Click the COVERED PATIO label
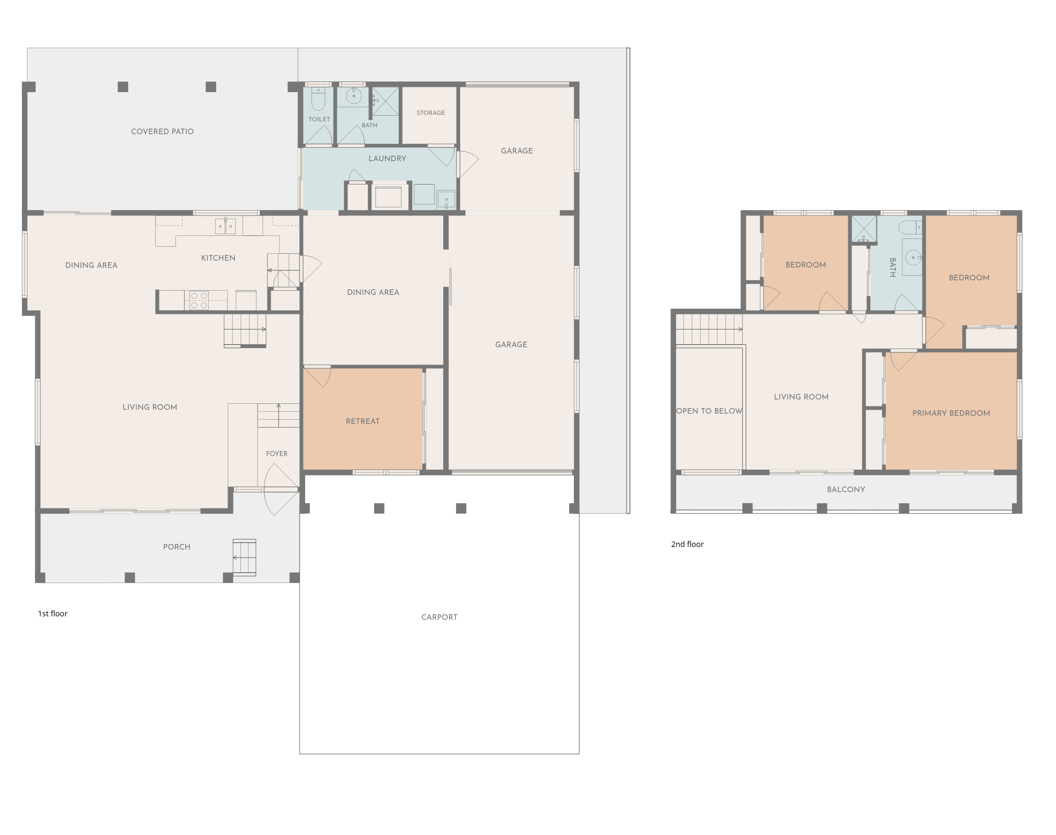[x=162, y=132]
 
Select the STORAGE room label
[x=431, y=113]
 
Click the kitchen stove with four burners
[x=199, y=300]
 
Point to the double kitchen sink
[x=225, y=226]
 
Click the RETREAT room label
[x=363, y=421]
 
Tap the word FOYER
[x=276, y=454]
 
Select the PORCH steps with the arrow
[x=244, y=557]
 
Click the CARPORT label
[x=439, y=617]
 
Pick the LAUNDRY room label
[x=387, y=159]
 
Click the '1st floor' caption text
[x=53, y=613]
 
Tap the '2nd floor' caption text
[x=687, y=544]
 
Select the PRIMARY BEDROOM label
[x=951, y=413]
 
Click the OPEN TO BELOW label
[x=709, y=411]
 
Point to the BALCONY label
[x=846, y=490]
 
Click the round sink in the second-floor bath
[x=913, y=257]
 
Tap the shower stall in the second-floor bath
[x=864, y=229]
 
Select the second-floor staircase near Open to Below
[x=709, y=330]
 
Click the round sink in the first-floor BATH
[x=353, y=96]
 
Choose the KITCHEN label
[x=218, y=258]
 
